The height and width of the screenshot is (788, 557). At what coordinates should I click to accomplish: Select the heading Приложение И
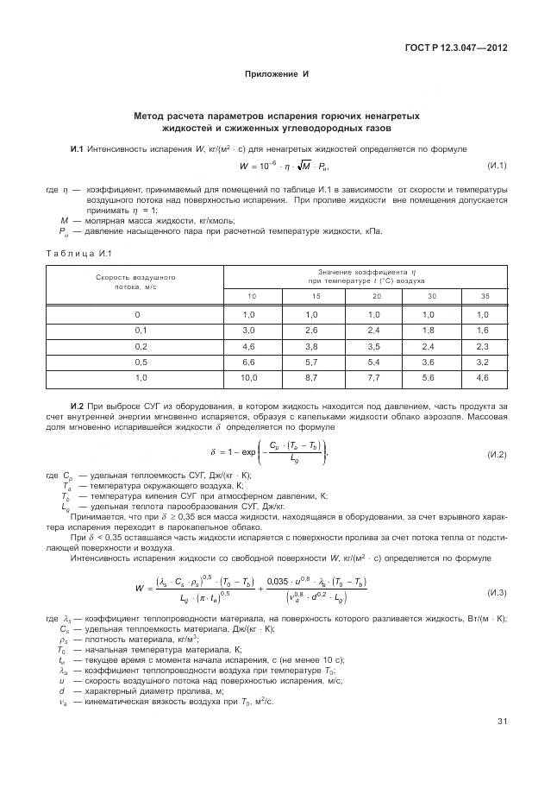click(278, 74)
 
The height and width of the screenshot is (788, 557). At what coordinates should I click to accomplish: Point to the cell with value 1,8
click(429, 331)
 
